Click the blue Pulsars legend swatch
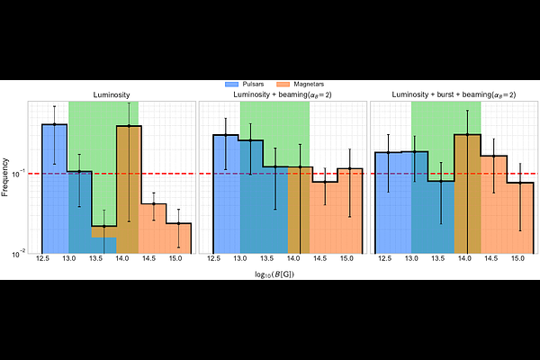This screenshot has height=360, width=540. point(231,85)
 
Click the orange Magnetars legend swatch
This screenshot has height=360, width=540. point(283,85)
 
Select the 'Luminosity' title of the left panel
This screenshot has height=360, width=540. point(112,94)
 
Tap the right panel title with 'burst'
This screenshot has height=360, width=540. point(454,94)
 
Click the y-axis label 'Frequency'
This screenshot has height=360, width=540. point(4,177)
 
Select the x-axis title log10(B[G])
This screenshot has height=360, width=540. point(274,274)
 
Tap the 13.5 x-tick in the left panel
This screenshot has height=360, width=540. point(95,258)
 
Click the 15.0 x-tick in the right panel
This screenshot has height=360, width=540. point(517,258)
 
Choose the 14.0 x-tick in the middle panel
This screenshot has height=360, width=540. point(293,258)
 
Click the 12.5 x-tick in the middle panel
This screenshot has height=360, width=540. point(213,258)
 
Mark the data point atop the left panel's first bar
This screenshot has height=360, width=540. point(54,124)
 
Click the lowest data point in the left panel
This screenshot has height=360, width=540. point(104,226)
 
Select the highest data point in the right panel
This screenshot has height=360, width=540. point(467,135)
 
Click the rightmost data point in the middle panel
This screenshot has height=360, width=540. point(349,169)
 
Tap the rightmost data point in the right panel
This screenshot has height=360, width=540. point(520,184)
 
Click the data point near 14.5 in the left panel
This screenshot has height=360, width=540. point(154,204)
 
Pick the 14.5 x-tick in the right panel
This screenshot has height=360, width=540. point(491,258)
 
